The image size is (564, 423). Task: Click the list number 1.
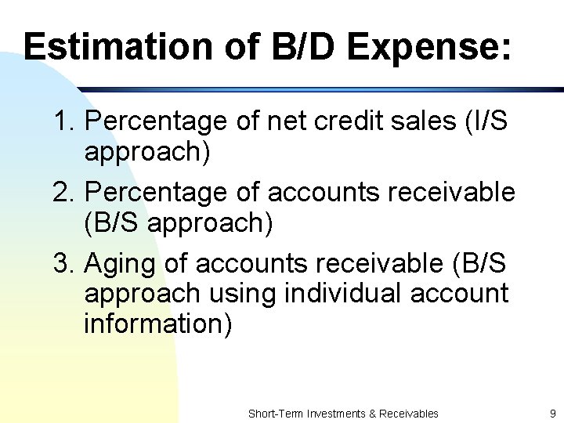coord(63,122)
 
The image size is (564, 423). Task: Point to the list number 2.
coord(63,193)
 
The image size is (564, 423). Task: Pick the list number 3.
coord(63,263)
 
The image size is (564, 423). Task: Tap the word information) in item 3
coord(157,324)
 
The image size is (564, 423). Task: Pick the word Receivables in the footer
coord(409,414)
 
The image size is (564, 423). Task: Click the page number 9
coord(551,414)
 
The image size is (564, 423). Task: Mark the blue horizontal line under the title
coord(313,90)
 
